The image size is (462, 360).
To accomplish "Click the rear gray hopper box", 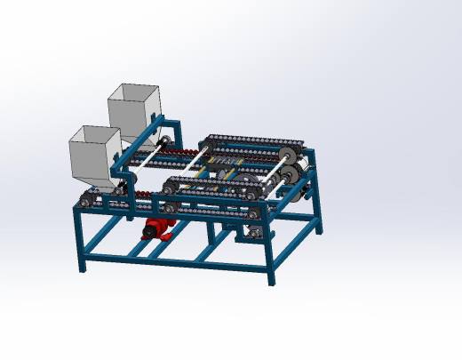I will tap(134, 111).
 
